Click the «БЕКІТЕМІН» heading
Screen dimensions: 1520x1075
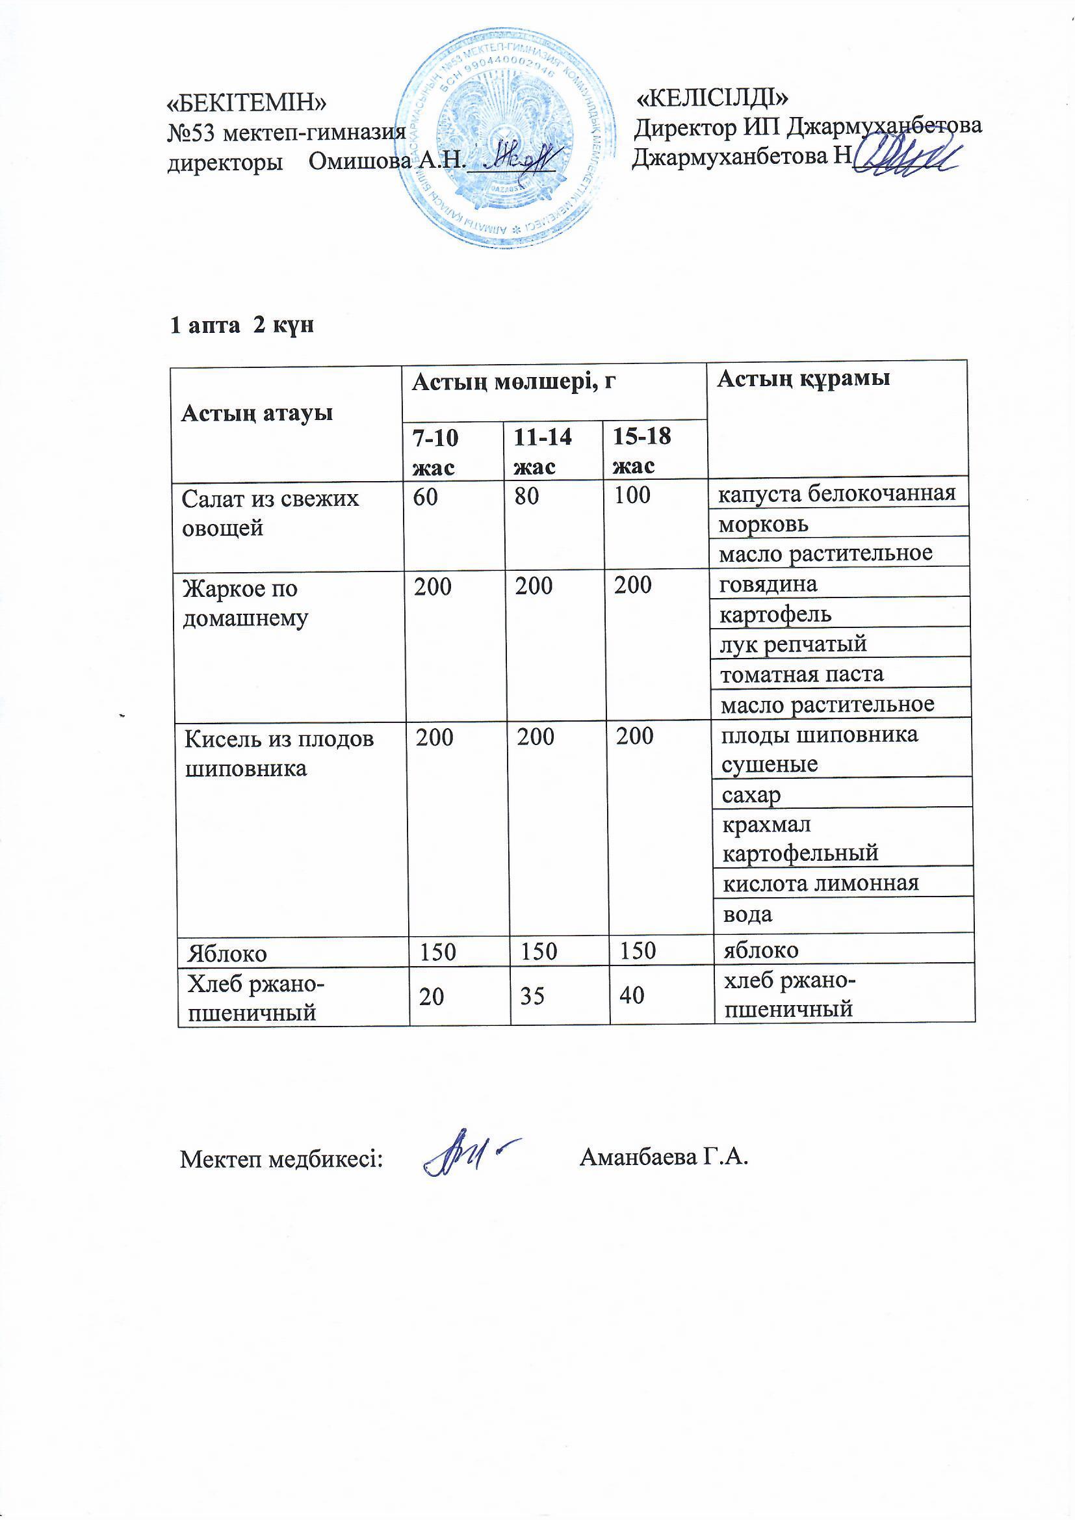point(247,103)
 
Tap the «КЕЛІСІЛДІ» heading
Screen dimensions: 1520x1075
point(712,98)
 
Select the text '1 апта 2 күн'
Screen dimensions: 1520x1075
point(242,326)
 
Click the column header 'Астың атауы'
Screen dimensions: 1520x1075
point(257,413)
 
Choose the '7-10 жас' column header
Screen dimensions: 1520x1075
point(435,452)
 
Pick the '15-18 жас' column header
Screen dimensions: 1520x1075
point(641,451)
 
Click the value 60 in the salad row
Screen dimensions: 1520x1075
point(426,497)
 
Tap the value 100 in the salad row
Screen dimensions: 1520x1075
point(632,495)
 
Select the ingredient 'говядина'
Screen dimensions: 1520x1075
point(768,584)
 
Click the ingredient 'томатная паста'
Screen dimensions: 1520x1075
point(801,674)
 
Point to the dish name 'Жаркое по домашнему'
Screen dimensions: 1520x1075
point(245,603)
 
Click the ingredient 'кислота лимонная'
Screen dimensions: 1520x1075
point(820,883)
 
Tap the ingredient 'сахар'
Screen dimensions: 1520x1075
point(751,794)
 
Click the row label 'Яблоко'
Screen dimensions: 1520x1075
point(227,953)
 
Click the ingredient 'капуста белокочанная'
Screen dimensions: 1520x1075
point(836,493)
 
